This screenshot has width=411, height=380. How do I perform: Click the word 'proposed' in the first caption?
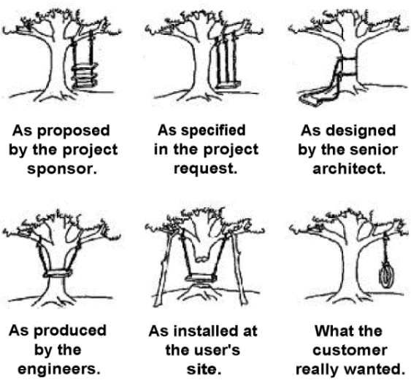74,131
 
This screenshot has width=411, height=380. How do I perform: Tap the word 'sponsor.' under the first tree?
62,169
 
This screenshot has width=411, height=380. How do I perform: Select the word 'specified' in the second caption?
217,131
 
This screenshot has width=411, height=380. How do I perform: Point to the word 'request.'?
206,169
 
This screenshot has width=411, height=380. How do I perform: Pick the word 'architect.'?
349,169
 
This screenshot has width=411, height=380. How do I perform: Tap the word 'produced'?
70,331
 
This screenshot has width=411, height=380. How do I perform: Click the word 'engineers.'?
59,370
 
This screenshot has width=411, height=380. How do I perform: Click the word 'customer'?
350,350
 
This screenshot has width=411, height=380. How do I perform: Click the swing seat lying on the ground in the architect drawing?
311,99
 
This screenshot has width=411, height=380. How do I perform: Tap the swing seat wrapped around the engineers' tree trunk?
58,274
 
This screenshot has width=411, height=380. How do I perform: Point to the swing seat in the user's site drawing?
201,278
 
